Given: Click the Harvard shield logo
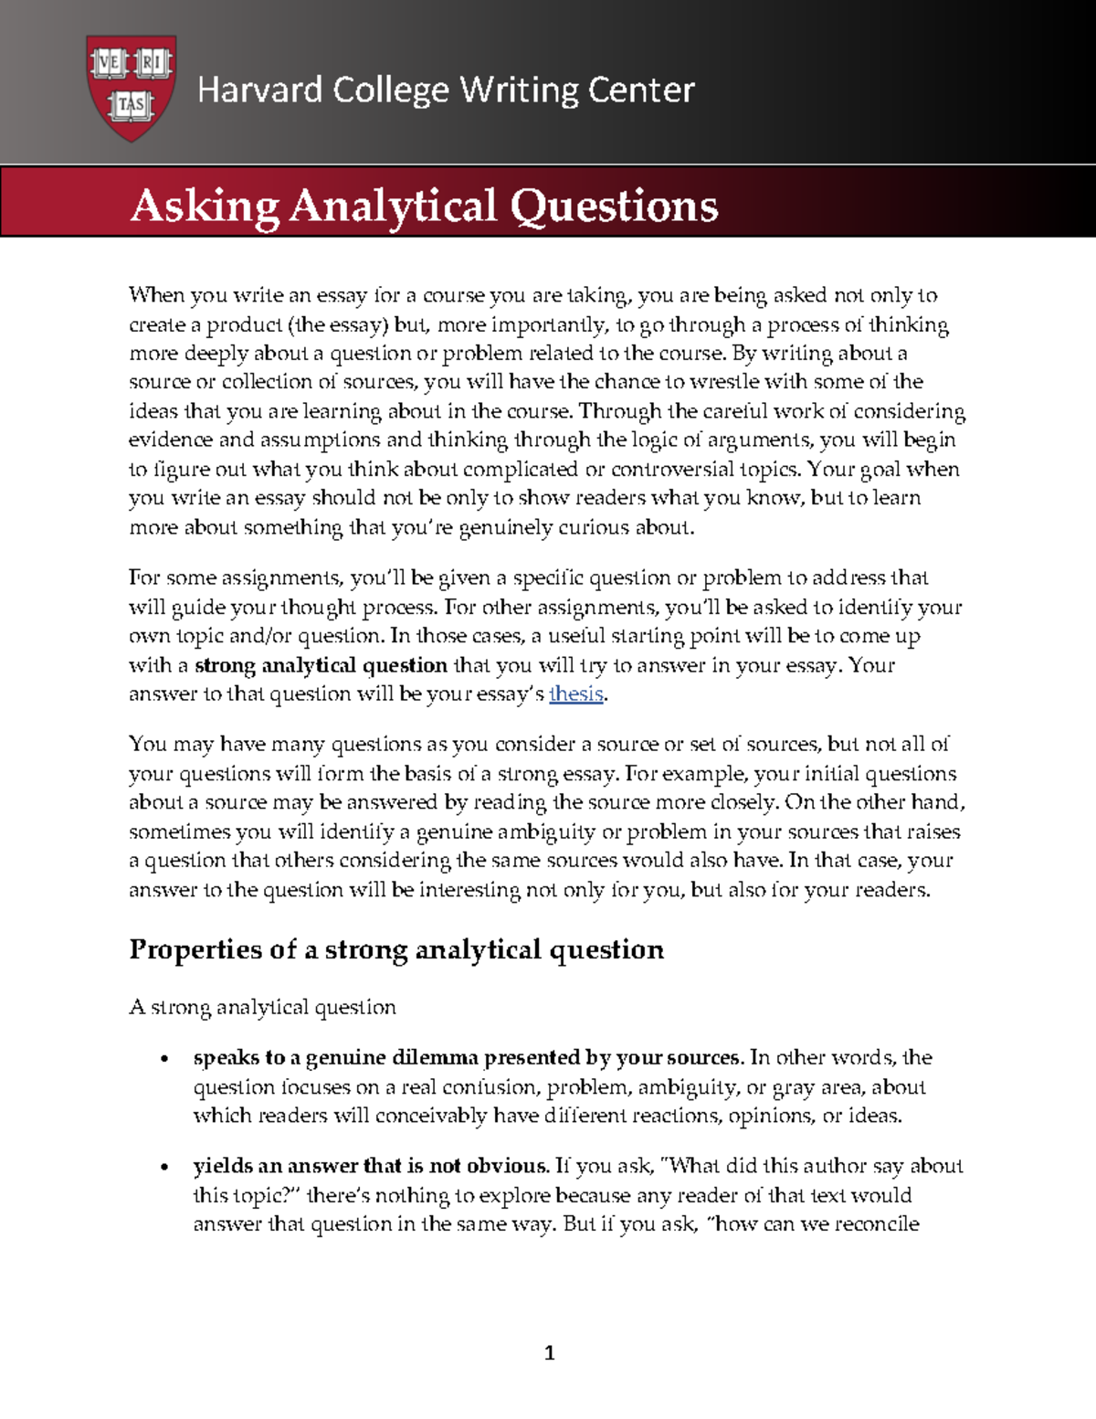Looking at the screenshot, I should pyautogui.click(x=131, y=88).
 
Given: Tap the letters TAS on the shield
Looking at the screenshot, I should pyautogui.click(x=132, y=104).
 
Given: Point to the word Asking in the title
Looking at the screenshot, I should pyautogui.click(x=205, y=206).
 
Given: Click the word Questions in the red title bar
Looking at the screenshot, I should pyautogui.click(x=614, y=206).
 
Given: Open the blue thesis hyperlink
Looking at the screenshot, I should pyautogui.click(x=575, y=694).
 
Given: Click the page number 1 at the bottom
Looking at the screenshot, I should pyautogui.click(x=549, y=1352).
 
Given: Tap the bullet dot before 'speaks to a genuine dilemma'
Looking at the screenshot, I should pyautogui.click(x=164, y=1060).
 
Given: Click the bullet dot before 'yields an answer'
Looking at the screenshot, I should pyautogui.click(x=164, y=1168).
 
